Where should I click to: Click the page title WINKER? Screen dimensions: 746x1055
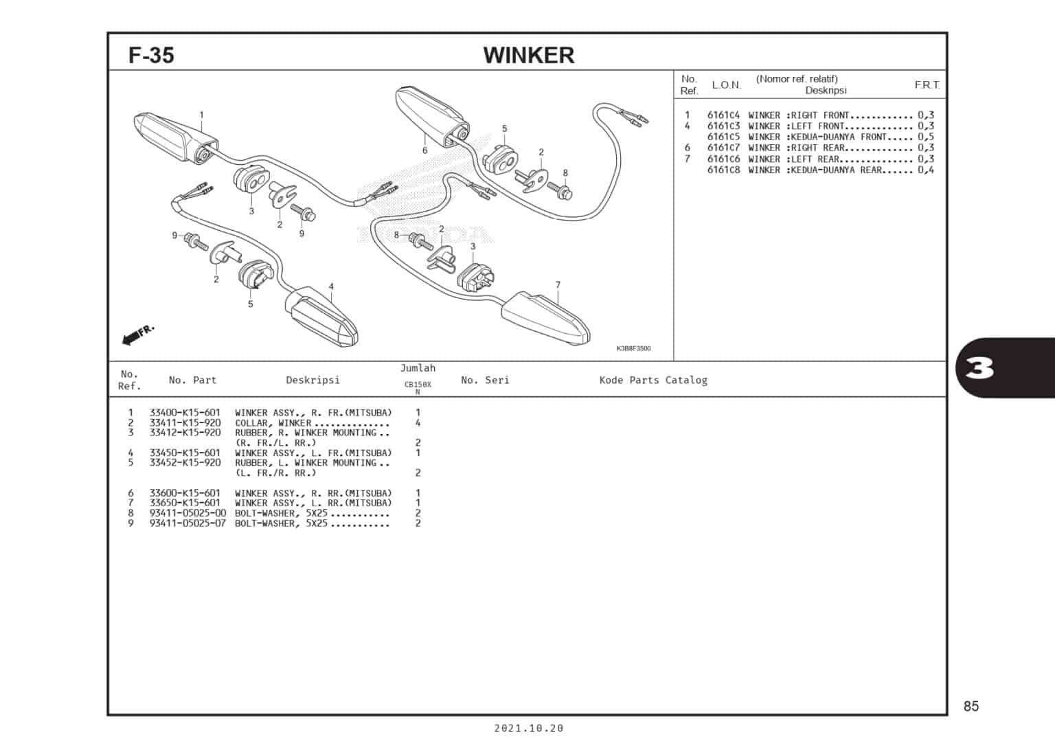click(528, 55)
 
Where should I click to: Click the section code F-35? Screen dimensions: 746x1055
click(151, 55)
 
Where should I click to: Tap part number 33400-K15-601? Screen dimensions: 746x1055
click(185, 413)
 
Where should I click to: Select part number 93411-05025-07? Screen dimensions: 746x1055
click(187, 523)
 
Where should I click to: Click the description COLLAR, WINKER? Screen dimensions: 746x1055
click(273, 423)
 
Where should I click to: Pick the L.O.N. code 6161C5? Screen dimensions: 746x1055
click(723, 137)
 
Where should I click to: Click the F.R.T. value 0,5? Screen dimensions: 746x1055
click(925, 137)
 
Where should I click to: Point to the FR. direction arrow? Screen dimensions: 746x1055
click(137, 335)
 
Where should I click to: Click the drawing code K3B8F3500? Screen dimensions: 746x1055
click(633, 348)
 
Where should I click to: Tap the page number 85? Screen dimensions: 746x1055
click(971, 706)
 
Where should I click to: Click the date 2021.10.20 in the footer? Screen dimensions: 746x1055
click(528, 728)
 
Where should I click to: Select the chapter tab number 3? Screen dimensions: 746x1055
click(979, 369)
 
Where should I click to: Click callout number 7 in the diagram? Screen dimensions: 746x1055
click(558, 285)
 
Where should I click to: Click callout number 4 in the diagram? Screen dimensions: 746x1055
click(331, 286)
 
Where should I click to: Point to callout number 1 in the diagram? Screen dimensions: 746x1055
click(201, 115)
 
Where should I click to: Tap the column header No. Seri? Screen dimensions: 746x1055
click(485, 380)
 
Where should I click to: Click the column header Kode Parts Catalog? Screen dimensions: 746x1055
click(653, 380)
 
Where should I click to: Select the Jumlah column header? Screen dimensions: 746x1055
click(418, 368)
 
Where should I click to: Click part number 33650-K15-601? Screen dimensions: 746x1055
click(185, 503)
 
